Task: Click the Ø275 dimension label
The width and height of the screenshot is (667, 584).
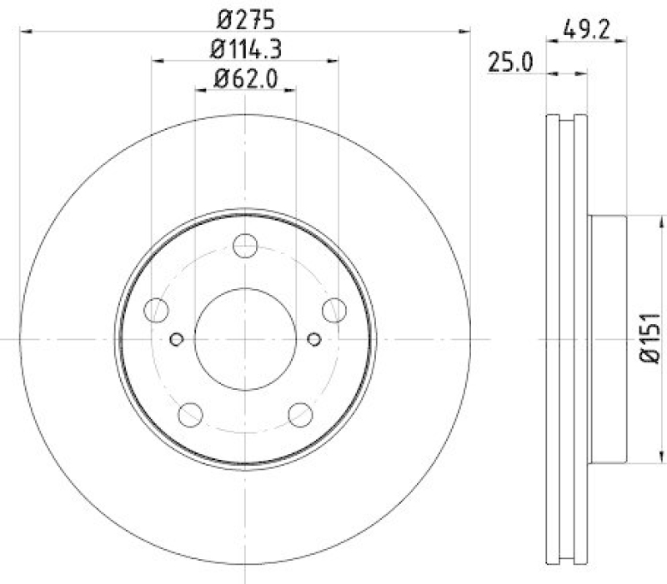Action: point(244,18)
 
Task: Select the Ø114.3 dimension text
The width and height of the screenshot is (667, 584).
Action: point(244,49)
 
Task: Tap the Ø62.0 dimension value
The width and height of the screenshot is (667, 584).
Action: point(244,80)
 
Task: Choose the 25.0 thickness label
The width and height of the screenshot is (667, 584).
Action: point(511,63)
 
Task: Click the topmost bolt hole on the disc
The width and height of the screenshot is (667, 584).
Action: point(245,246)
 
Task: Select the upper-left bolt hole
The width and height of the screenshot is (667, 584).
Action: point(156,311)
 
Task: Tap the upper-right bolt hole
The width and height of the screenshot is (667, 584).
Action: point(334,311)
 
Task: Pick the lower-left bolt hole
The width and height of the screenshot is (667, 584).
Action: point(190,414)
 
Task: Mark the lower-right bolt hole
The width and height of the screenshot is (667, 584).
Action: point(300,414)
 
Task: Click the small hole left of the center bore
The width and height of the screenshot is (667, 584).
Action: point(176,339)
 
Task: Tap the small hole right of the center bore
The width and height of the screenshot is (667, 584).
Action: point(314,339)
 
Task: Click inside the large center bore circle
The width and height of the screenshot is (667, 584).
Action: point(245,339)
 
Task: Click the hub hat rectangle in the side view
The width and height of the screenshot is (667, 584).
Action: point(607,339)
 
